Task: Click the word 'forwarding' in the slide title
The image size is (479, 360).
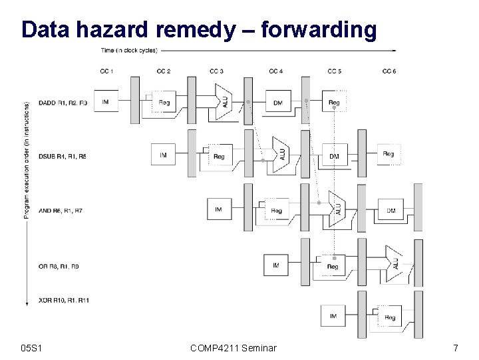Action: point(319,29)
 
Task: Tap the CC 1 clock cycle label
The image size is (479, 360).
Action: point(106,71)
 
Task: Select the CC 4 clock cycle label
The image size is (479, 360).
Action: point(276,71)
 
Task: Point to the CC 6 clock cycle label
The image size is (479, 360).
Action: point(390,71)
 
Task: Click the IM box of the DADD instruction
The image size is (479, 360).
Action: point(106,101)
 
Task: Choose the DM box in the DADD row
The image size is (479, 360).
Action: point(277,103)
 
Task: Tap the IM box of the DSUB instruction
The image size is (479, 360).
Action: point(163,155)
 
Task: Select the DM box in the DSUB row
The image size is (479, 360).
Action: point(334,156)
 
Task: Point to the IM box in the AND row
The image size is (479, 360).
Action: point(218,209)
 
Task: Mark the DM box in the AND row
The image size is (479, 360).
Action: point(391,211)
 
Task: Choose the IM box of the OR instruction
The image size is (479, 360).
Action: point(276,265)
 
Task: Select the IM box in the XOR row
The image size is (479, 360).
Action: point(333,316)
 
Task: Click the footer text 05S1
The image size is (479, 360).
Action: point(32,347)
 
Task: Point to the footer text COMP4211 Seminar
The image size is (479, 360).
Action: point(233,347)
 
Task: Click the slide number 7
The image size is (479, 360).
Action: point(455,347)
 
